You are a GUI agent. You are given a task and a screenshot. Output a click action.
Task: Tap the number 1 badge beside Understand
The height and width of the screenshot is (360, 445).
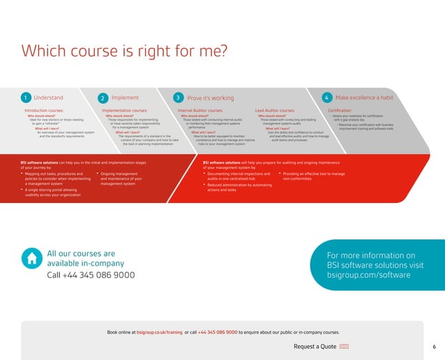[25, 98]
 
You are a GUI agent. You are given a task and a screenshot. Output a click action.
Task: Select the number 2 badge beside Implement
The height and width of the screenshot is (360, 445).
[103, 98]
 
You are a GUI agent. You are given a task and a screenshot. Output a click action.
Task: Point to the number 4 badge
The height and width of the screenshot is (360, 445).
[327, 98]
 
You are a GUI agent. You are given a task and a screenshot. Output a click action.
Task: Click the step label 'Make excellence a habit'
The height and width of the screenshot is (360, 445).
[364, 98]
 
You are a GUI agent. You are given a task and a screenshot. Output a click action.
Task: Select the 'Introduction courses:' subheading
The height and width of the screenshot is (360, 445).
[44, 110]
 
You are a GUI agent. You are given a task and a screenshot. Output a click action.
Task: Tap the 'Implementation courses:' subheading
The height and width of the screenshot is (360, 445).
[125, 110]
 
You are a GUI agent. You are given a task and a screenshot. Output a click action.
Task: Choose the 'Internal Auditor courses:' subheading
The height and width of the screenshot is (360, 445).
[201, 110]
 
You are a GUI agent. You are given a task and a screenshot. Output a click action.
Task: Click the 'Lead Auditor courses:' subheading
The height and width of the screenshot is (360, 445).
[276, 110]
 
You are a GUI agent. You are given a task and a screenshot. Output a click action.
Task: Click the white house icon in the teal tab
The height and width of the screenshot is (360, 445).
[31, 258]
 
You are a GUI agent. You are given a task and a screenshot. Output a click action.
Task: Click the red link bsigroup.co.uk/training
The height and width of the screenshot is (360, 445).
[160, 332]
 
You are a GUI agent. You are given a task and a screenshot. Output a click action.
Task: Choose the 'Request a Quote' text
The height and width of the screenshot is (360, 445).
[315, 346]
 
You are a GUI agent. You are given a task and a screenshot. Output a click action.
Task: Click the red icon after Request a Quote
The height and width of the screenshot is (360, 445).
[345, 346]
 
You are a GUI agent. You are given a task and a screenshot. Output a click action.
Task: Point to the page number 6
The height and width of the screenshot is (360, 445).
[434, 346]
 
